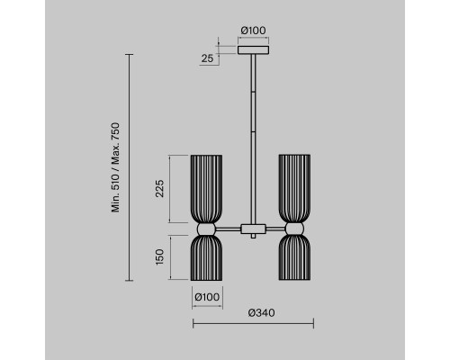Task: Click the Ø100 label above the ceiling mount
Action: point(254,31)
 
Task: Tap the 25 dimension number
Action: point(207,58)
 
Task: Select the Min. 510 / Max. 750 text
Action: point(115,167)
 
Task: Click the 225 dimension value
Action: point(159,188)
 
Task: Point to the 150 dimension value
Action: point(159,257)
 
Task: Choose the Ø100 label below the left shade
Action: point(207,297)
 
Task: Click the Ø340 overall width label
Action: point(261,313)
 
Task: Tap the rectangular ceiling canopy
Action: point(253,49)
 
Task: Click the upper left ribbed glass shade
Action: point(206,189)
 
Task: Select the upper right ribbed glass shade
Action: point(294,189)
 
